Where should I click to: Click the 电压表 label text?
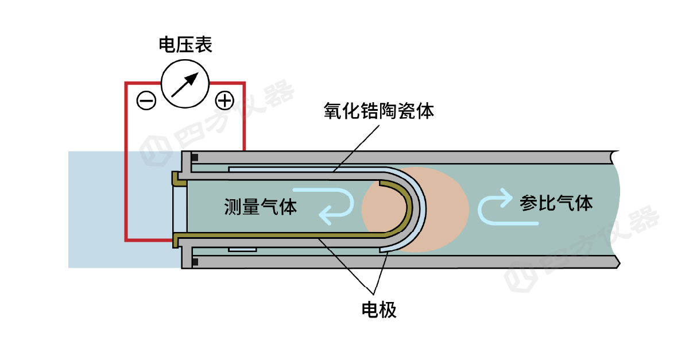pos(185,45)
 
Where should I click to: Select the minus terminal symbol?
pos(146,101)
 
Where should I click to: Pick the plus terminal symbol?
pos(224,101)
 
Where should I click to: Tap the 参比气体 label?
pos(556,202)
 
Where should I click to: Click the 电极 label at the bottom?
pos(379,310)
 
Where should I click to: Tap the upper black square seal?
pos(195,157)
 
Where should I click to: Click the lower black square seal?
pos(195,262)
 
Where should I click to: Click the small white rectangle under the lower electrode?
pos(242,250)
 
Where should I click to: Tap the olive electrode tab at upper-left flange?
pos(179,180)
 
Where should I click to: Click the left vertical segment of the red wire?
pos(126,161)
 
